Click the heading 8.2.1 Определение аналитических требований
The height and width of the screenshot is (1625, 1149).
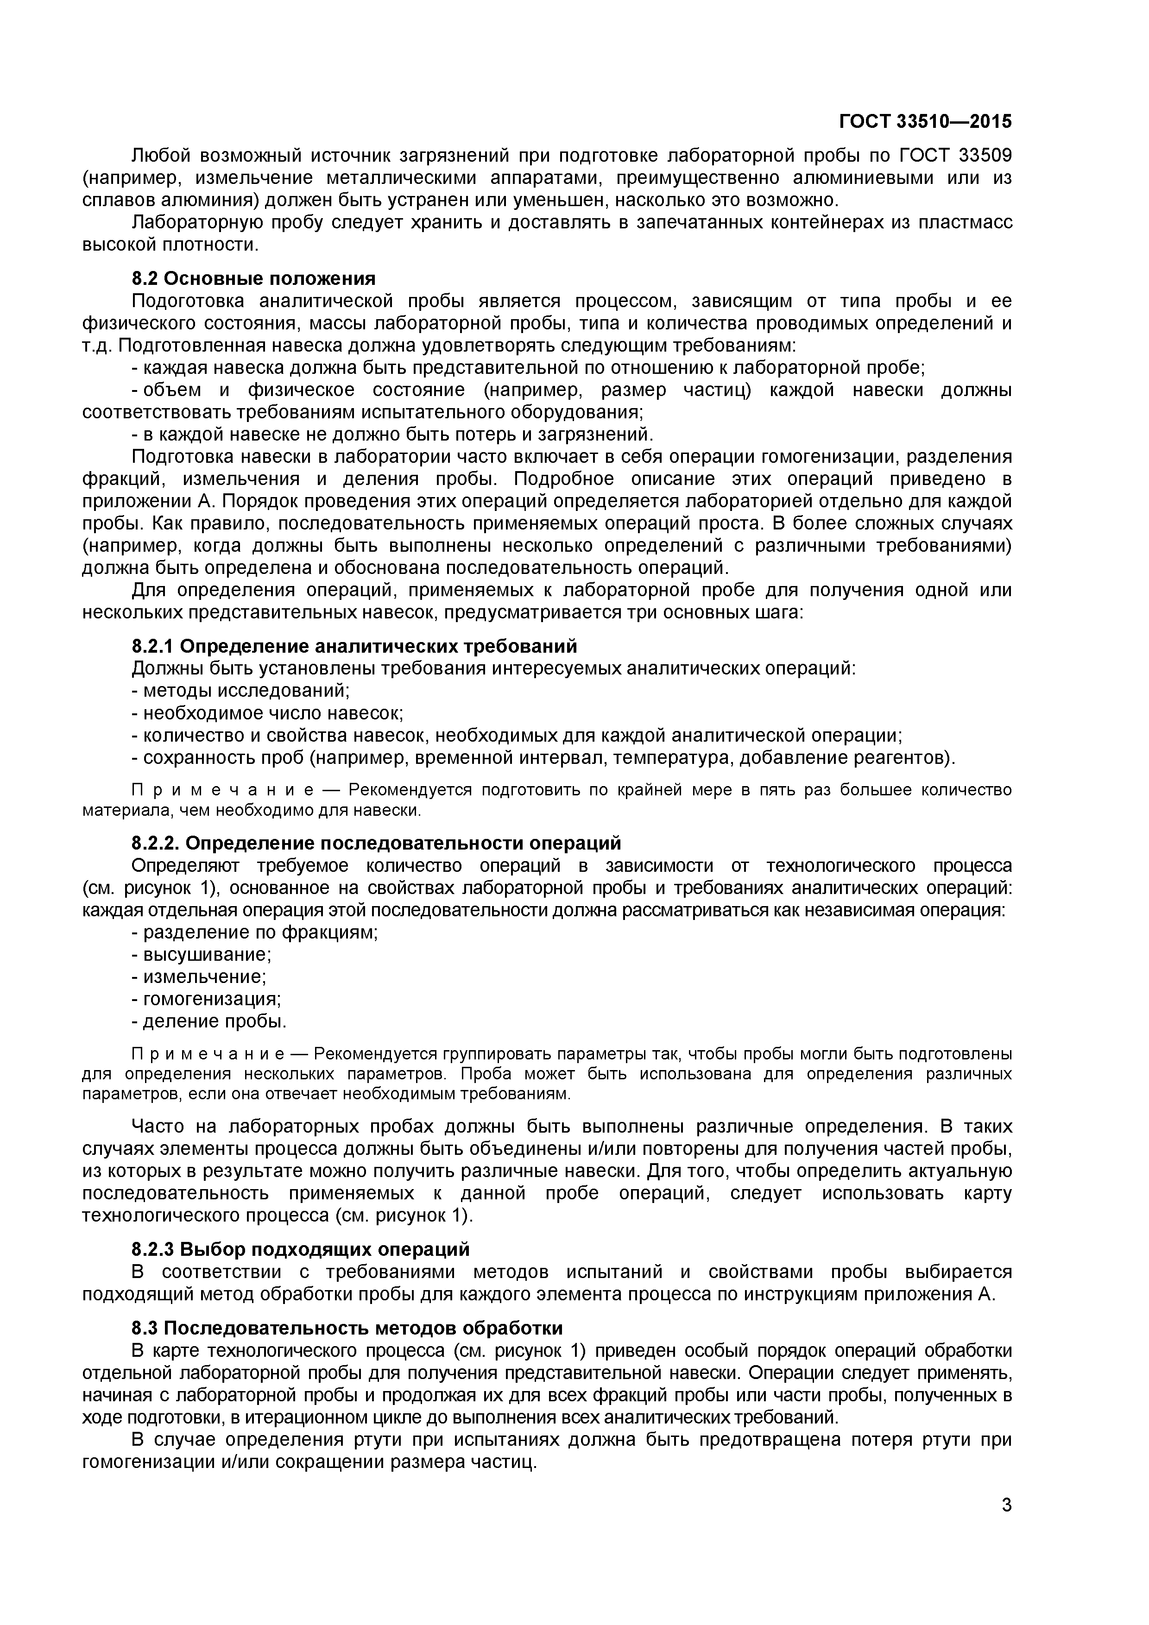[354, 646]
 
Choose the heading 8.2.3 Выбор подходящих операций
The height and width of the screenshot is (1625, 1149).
[300, 1249]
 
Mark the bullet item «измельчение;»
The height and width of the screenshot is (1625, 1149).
[205, 976]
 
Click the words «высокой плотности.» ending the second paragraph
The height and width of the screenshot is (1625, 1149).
[170, 245]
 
